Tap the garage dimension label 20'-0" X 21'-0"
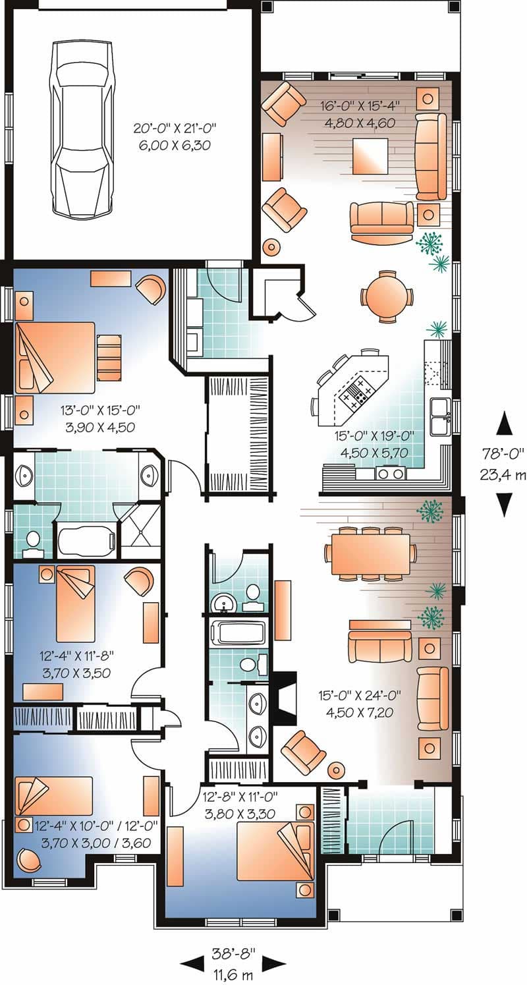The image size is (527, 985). [175, 128]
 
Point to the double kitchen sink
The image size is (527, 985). [439, 416]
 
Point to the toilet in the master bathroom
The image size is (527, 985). [32, 541]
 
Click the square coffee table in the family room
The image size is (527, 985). [370, 156]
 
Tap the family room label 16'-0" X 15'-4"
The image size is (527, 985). [360, 106]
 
